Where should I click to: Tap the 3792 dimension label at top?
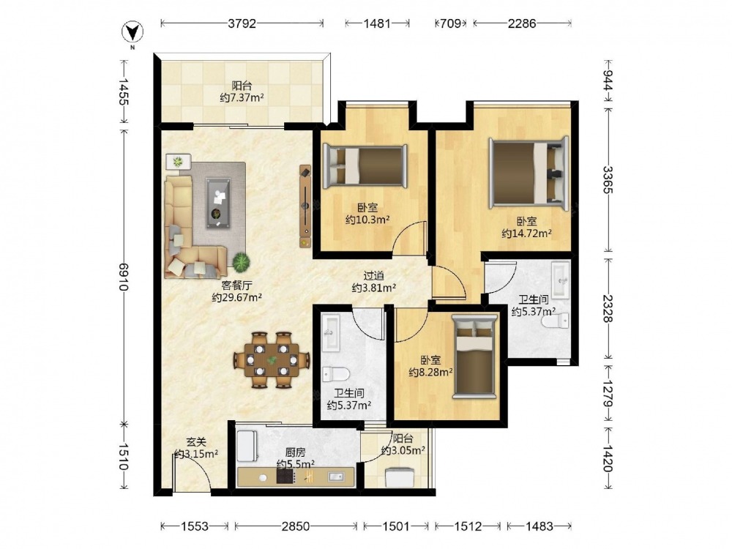(242, 23)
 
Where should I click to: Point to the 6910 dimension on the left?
(124, 277)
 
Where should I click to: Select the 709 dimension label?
(450, 23)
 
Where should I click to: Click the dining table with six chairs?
(272, 360)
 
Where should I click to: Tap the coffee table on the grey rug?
(218, 203)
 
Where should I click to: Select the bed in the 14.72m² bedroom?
(529, 172)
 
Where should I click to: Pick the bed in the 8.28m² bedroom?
(474, 356)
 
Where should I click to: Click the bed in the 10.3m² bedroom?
(365, 165)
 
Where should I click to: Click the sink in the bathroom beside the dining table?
(332, 333)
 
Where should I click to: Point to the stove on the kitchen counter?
(285, 477)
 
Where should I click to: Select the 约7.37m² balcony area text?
(242, 98)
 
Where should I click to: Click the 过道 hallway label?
(374, 276)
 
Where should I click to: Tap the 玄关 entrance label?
(196, 441)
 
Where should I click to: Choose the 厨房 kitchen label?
(295, 452)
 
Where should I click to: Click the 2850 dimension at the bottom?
(296, 526)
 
